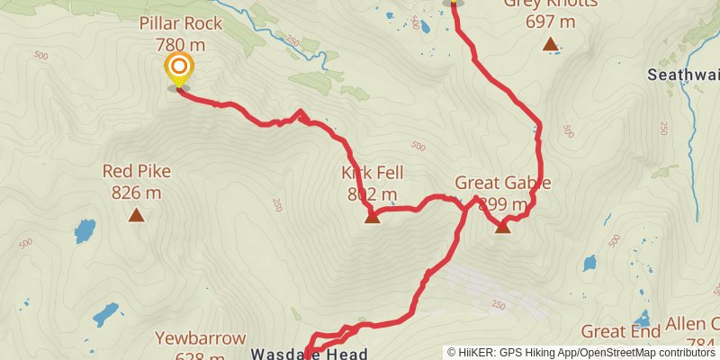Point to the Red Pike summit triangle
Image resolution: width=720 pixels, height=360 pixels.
click(x=137, y=214)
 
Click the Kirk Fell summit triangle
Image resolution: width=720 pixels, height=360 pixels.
click(x=372, y=216)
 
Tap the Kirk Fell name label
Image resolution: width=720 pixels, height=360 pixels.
click(x=372, y=173)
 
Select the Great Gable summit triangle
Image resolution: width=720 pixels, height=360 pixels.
click(x=502, y=227)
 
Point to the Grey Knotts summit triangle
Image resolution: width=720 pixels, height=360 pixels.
click(x=550, y=43)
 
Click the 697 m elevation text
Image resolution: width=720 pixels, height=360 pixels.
click(x=550, y=21)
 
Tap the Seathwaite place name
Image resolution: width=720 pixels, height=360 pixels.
click(x=683, y=76)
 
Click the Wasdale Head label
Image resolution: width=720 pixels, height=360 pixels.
click(x=309, y=354)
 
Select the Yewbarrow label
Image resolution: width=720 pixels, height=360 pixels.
click(x=200, y=339)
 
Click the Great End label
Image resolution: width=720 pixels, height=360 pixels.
click(x=616, y=332)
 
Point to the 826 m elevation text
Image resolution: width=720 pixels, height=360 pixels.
click(x=137, y=191)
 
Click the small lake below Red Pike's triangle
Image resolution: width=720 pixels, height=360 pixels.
click(x=85, y=230)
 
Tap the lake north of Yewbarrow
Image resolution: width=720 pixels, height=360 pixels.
click(x=105, y=313)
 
